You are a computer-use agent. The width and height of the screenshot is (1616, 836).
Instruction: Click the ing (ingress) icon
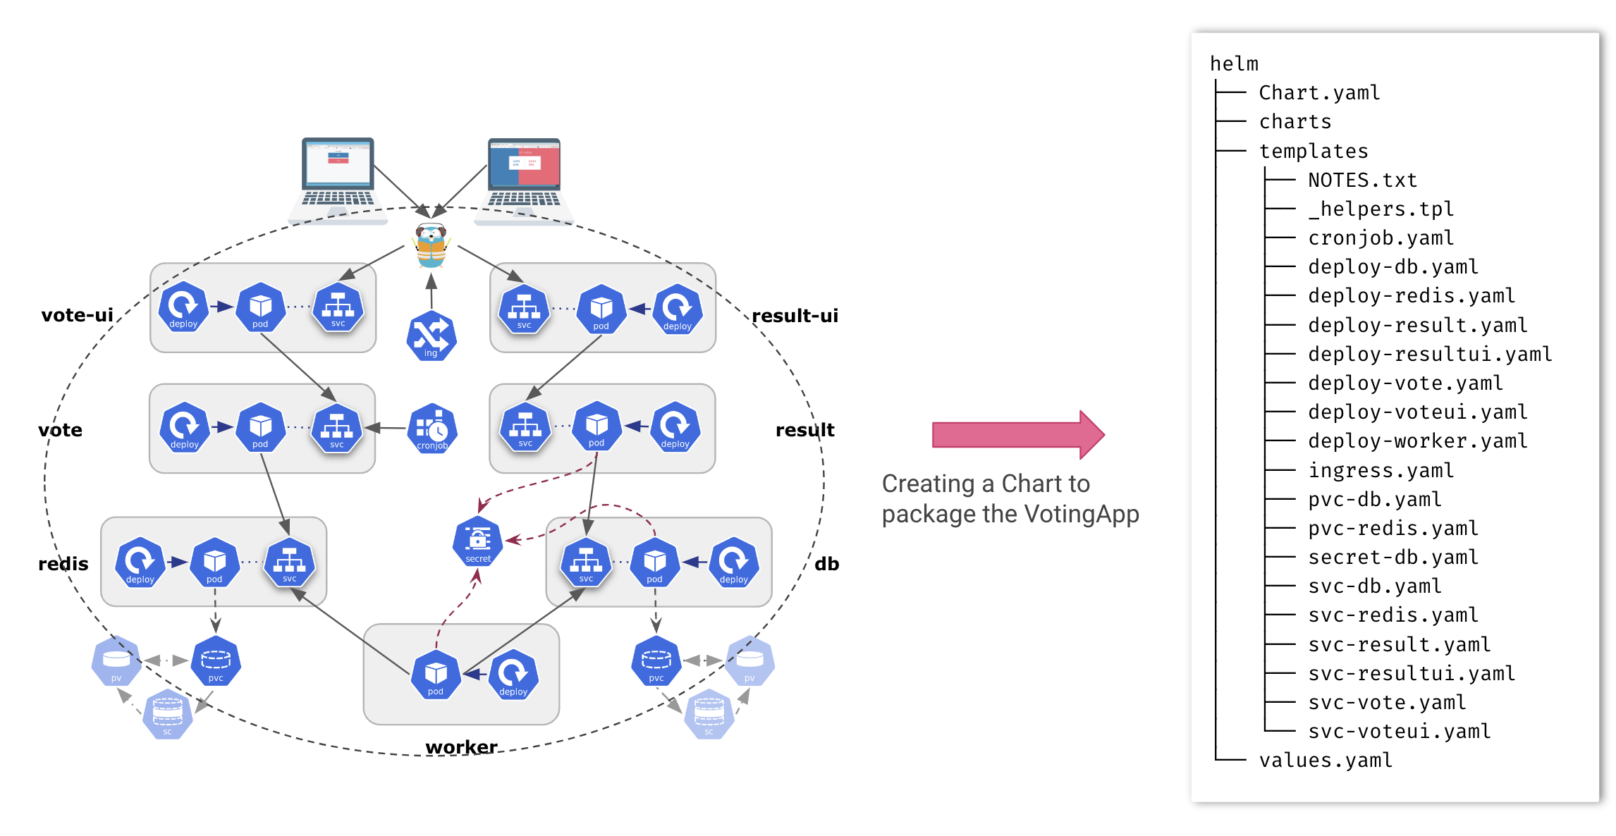(431, 336)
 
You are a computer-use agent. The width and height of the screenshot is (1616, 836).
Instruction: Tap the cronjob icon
(432, 428)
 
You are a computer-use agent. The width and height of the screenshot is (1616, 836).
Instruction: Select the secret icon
(477, 541)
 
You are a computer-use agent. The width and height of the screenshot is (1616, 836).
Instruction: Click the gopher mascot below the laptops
(431, 245)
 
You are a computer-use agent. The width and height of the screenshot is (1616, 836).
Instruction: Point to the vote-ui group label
(77, 315)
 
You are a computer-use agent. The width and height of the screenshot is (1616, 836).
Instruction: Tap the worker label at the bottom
(461, 746)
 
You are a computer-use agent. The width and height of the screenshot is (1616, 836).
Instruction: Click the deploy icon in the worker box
(513, 675)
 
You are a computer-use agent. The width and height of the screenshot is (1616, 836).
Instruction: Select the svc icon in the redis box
(289, 563)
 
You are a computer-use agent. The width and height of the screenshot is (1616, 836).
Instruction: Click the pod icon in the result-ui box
(601, 309)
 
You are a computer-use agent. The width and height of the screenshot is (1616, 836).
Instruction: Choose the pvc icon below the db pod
(656, 661)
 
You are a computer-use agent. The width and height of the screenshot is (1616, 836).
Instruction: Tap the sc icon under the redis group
(167, 714)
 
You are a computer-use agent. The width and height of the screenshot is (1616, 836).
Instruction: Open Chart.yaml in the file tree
(1318, 93)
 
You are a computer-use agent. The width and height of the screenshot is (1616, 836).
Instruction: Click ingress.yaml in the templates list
(1380, 470)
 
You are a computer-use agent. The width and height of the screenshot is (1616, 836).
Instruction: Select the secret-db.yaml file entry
(1392, 558)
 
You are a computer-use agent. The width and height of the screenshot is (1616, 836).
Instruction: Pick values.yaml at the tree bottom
(1325, 761)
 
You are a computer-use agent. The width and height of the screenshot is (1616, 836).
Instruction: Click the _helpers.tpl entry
(1380, 209)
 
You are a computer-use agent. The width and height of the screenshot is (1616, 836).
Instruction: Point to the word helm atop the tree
(1233, 64)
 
